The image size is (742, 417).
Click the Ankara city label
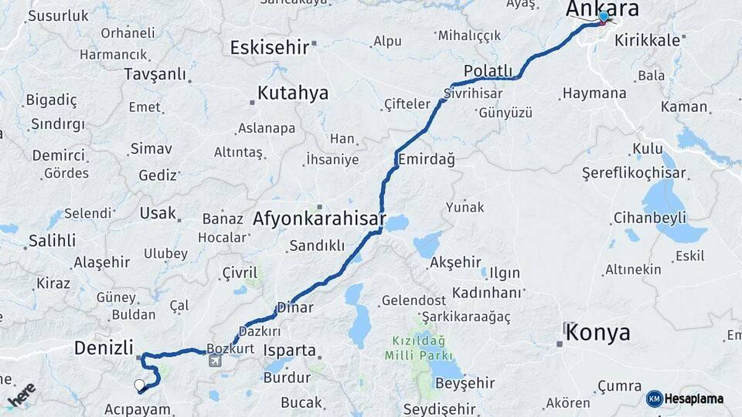click(602, 8)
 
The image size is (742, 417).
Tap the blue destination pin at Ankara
click(604, 17)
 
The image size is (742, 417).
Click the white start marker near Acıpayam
click(139, 384)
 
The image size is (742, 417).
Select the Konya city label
click(597, 333)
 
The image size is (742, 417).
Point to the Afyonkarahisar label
click(319, 219)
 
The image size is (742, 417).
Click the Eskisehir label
click(270, 47)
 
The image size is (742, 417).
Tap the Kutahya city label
click(292, 93)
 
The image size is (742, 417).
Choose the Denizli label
click(104, 347)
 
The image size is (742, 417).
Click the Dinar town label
click(295, 307)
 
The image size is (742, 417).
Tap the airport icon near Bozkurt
click(214, 360)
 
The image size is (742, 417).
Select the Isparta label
click(290, 351)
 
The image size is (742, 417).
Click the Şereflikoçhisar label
click(634, 173)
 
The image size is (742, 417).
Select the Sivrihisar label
click(473, 93)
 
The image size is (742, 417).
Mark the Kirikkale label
click(647, 39)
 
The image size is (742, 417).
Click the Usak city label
click(158, 212)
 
